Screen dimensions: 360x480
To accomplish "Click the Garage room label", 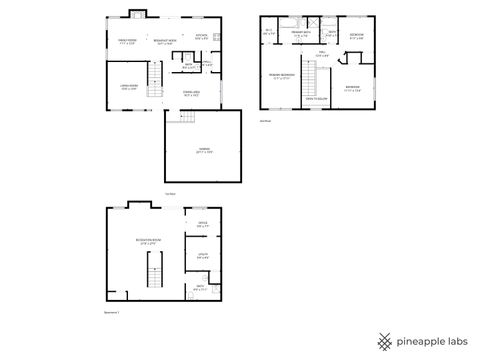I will coord(204,149).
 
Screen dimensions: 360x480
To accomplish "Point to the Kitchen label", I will coord(201,38).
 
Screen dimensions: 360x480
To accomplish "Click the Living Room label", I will coord(128,88).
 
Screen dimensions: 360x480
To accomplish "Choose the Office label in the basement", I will coord(202,225).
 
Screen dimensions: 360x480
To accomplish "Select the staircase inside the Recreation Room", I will coord(153,270).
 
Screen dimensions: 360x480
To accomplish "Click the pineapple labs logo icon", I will coord(385,341).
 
